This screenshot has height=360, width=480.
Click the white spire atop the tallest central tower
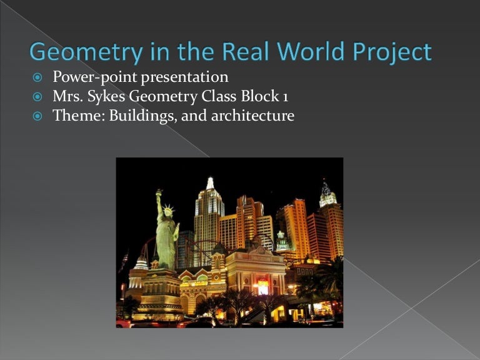210,183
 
